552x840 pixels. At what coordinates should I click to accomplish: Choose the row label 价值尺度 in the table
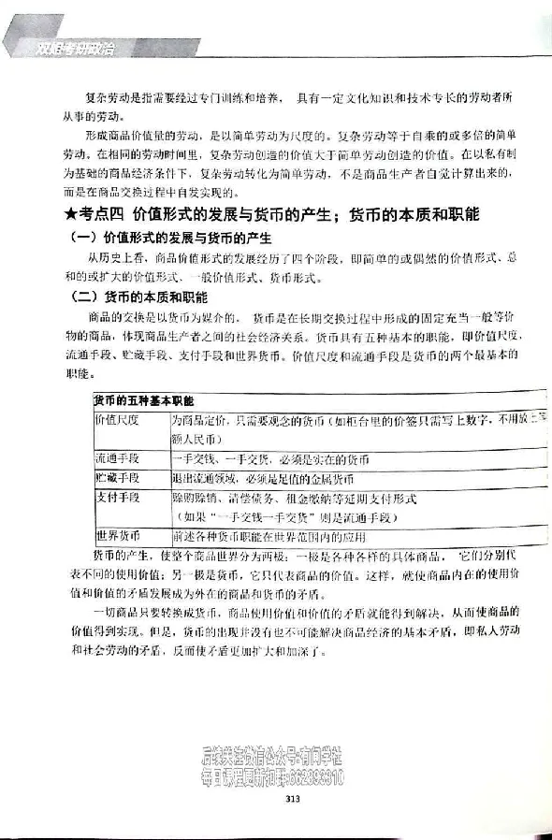[117, 421]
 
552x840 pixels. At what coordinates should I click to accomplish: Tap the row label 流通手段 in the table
[117, 459]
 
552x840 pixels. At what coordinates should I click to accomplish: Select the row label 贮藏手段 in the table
[117, 479]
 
